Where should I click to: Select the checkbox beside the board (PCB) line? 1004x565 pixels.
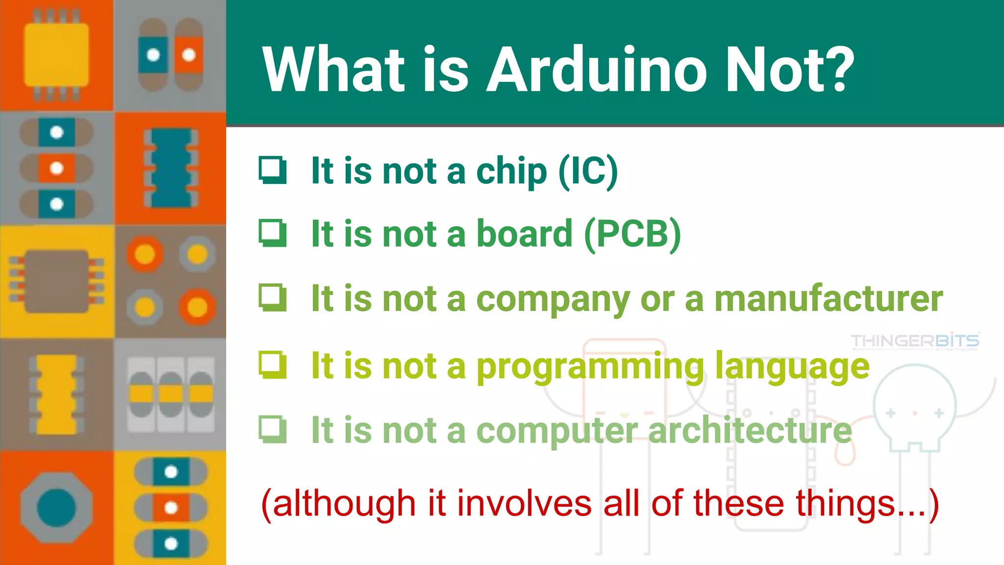(273, 233)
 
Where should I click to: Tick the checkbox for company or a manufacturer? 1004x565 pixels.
(273, 297)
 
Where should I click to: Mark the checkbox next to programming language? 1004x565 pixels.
(273, 365)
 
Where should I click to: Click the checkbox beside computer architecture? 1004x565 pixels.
(273, 429)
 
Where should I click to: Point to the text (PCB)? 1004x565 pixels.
(632, 234)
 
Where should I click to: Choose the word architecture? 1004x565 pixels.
(750, 430)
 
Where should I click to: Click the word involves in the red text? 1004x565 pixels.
(524, 504)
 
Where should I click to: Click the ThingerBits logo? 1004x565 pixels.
(915, 341)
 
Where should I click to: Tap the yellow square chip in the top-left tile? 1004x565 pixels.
(56, 55)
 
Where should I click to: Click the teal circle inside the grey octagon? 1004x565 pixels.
(56, 508)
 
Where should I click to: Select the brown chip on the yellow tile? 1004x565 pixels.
(56, 281)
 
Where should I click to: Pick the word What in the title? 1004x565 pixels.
(333, 70)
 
